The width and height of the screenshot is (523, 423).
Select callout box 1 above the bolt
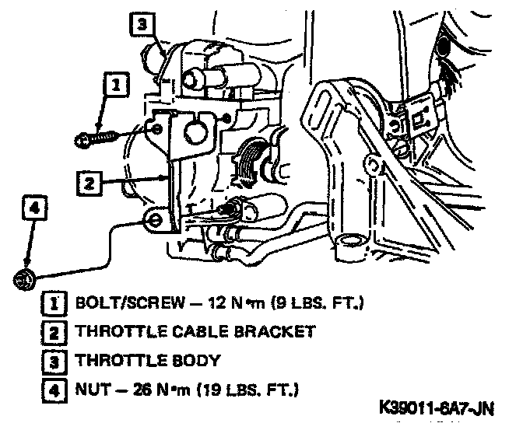[x=115, y=84]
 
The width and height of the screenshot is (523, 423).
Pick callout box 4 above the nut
[x=33, y=208]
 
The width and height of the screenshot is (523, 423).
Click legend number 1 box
[x=55, y=302]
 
